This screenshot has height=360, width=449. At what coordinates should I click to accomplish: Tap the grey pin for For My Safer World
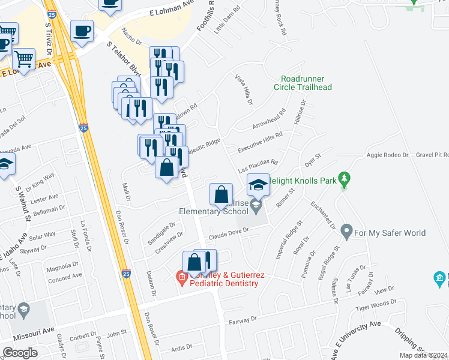click(x=346, y=230)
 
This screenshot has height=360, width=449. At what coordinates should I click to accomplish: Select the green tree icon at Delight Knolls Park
click(x=343, y=178)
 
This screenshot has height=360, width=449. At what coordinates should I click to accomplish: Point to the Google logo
click(x=20, y=353)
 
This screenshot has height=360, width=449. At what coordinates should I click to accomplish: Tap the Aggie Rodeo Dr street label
click(x=387, y=155)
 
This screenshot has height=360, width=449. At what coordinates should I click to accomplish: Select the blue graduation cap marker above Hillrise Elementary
click(x=258, y=184)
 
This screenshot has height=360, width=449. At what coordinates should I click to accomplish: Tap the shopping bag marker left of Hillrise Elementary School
click(x=221, y=193)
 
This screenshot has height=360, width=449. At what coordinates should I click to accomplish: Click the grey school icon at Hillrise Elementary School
click(x=256, y=206)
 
